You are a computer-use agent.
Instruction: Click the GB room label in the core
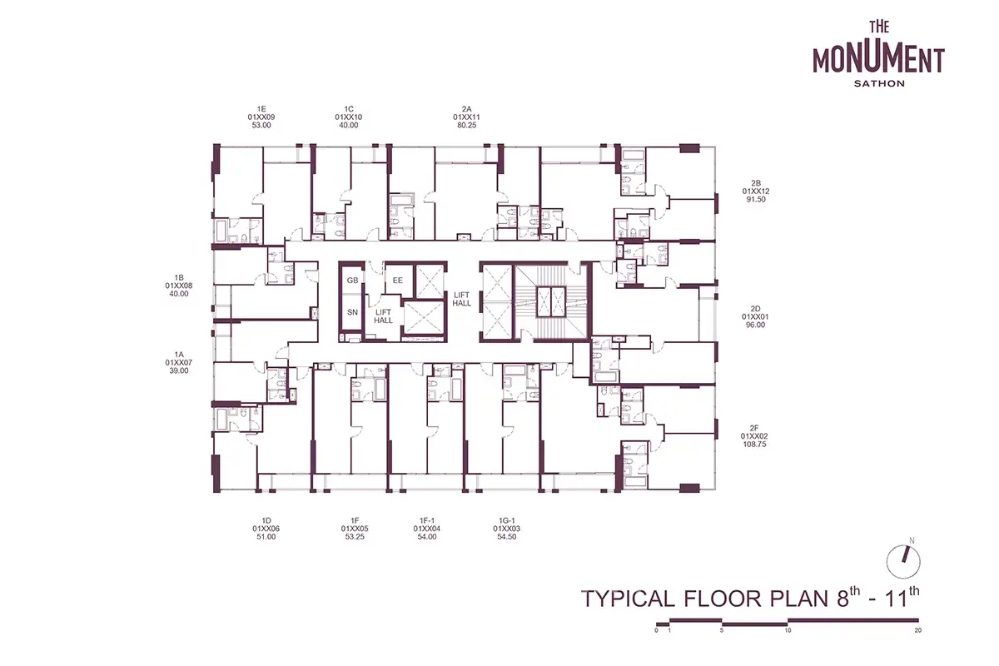click(x=352, y=281)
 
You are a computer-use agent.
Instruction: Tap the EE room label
click(x=397, y=281)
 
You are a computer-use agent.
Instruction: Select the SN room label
click(x=352, y=312)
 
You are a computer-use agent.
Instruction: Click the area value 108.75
click(x=754, y=445)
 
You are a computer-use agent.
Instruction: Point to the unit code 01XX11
click(x=466, y=117)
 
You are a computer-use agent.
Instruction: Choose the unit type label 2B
click(x=756, y=183)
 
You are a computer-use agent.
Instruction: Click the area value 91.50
click(x=756, y=200)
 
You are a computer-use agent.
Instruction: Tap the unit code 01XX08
click(x=179, y=286)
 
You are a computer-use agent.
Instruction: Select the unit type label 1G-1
click(x=507, y=520)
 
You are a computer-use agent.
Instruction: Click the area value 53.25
click(x=355, y=537)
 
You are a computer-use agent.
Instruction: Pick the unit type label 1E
click(x=261, y=109)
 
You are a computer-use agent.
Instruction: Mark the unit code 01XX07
click(x=179, y=363)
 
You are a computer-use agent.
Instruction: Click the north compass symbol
click(x=903, y=561)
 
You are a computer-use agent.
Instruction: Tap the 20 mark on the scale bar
click(x=917, y=630)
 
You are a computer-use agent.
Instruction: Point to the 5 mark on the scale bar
click(x=722, y=630)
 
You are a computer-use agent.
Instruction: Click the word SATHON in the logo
click(x=879, y=83)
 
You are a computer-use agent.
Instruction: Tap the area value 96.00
click(x=756, y=326)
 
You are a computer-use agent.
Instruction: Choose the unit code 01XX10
click(x=348, y=117)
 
